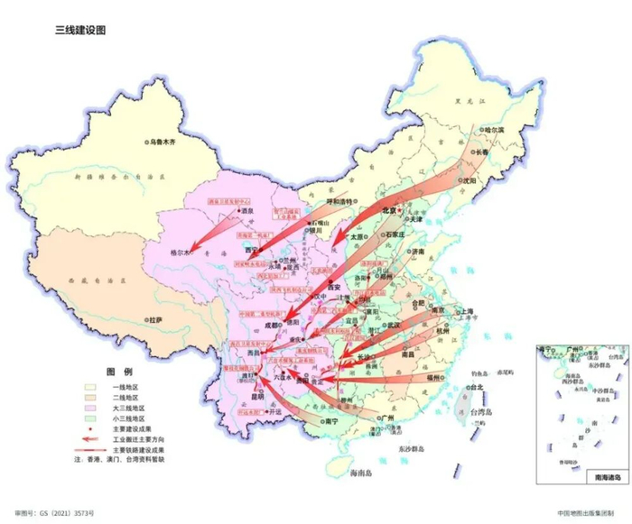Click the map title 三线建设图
pyautogui.click(x=81, y=30)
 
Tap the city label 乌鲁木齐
pyautogui.click(x=167, y=142)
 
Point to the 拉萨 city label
pyautogui.click(x=156, y=319)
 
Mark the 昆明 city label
pyautogui.click(x=257, y=395)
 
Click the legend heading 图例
pyautogui.click(x=118, y=372)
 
